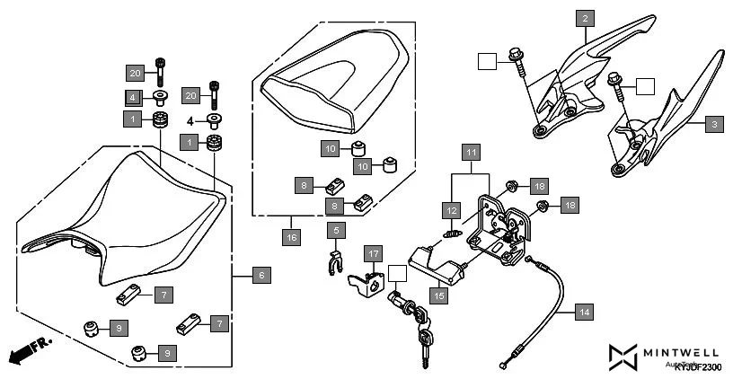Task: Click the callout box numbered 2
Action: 586,18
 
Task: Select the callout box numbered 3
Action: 713,124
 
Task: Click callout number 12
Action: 450,209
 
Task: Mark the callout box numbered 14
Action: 584,313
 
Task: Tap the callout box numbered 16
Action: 291,238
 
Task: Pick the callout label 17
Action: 374,254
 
